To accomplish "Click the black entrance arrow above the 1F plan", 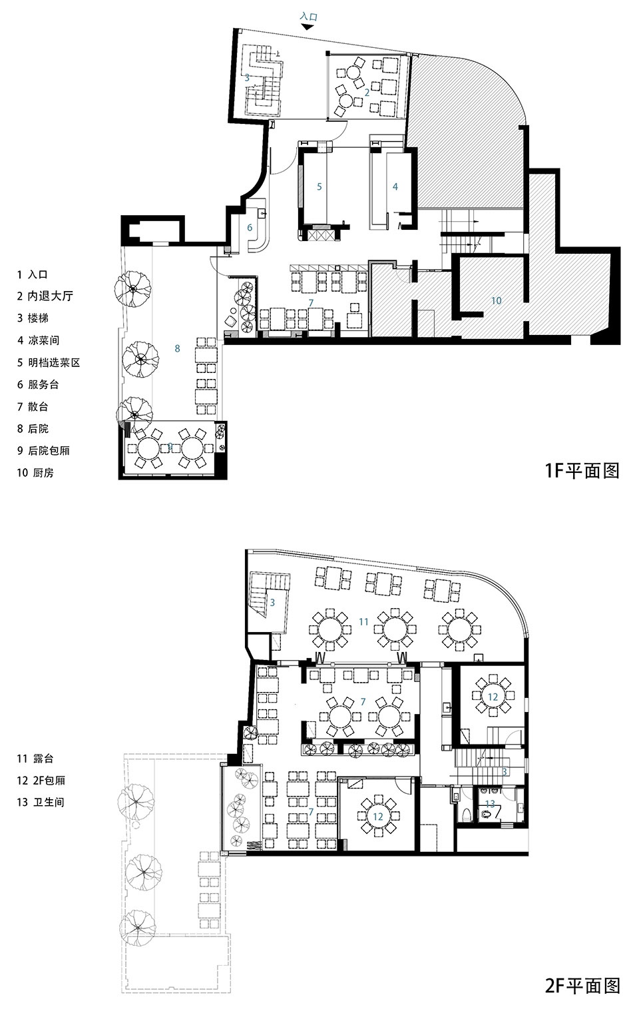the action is (x=309, y=27).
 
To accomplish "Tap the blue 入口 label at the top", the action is (x=308, y=17).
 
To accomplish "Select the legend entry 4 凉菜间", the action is (x=38, y=340).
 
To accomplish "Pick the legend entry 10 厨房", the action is (x=35, y=473).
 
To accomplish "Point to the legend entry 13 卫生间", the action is (x=41, y=802).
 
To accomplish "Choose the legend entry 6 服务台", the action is (x=38, y=384).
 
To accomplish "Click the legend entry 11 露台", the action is (x=35, y=759).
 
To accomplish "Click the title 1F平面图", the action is (x=582, y=470).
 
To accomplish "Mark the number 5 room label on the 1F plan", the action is (x=319, y=186).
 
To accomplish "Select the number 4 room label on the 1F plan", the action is (x=395, y=186).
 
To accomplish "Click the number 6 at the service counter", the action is (x=250, y=228).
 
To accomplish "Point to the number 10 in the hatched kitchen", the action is (x=497, y=300).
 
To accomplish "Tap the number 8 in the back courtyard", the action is (x=177, y=348).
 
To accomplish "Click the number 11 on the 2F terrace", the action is (x=363, y=621).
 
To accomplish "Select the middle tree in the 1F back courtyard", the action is (x=140, y=360).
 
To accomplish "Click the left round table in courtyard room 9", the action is (x=148, y=448).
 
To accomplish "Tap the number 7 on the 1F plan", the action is (x=311, y=302).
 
